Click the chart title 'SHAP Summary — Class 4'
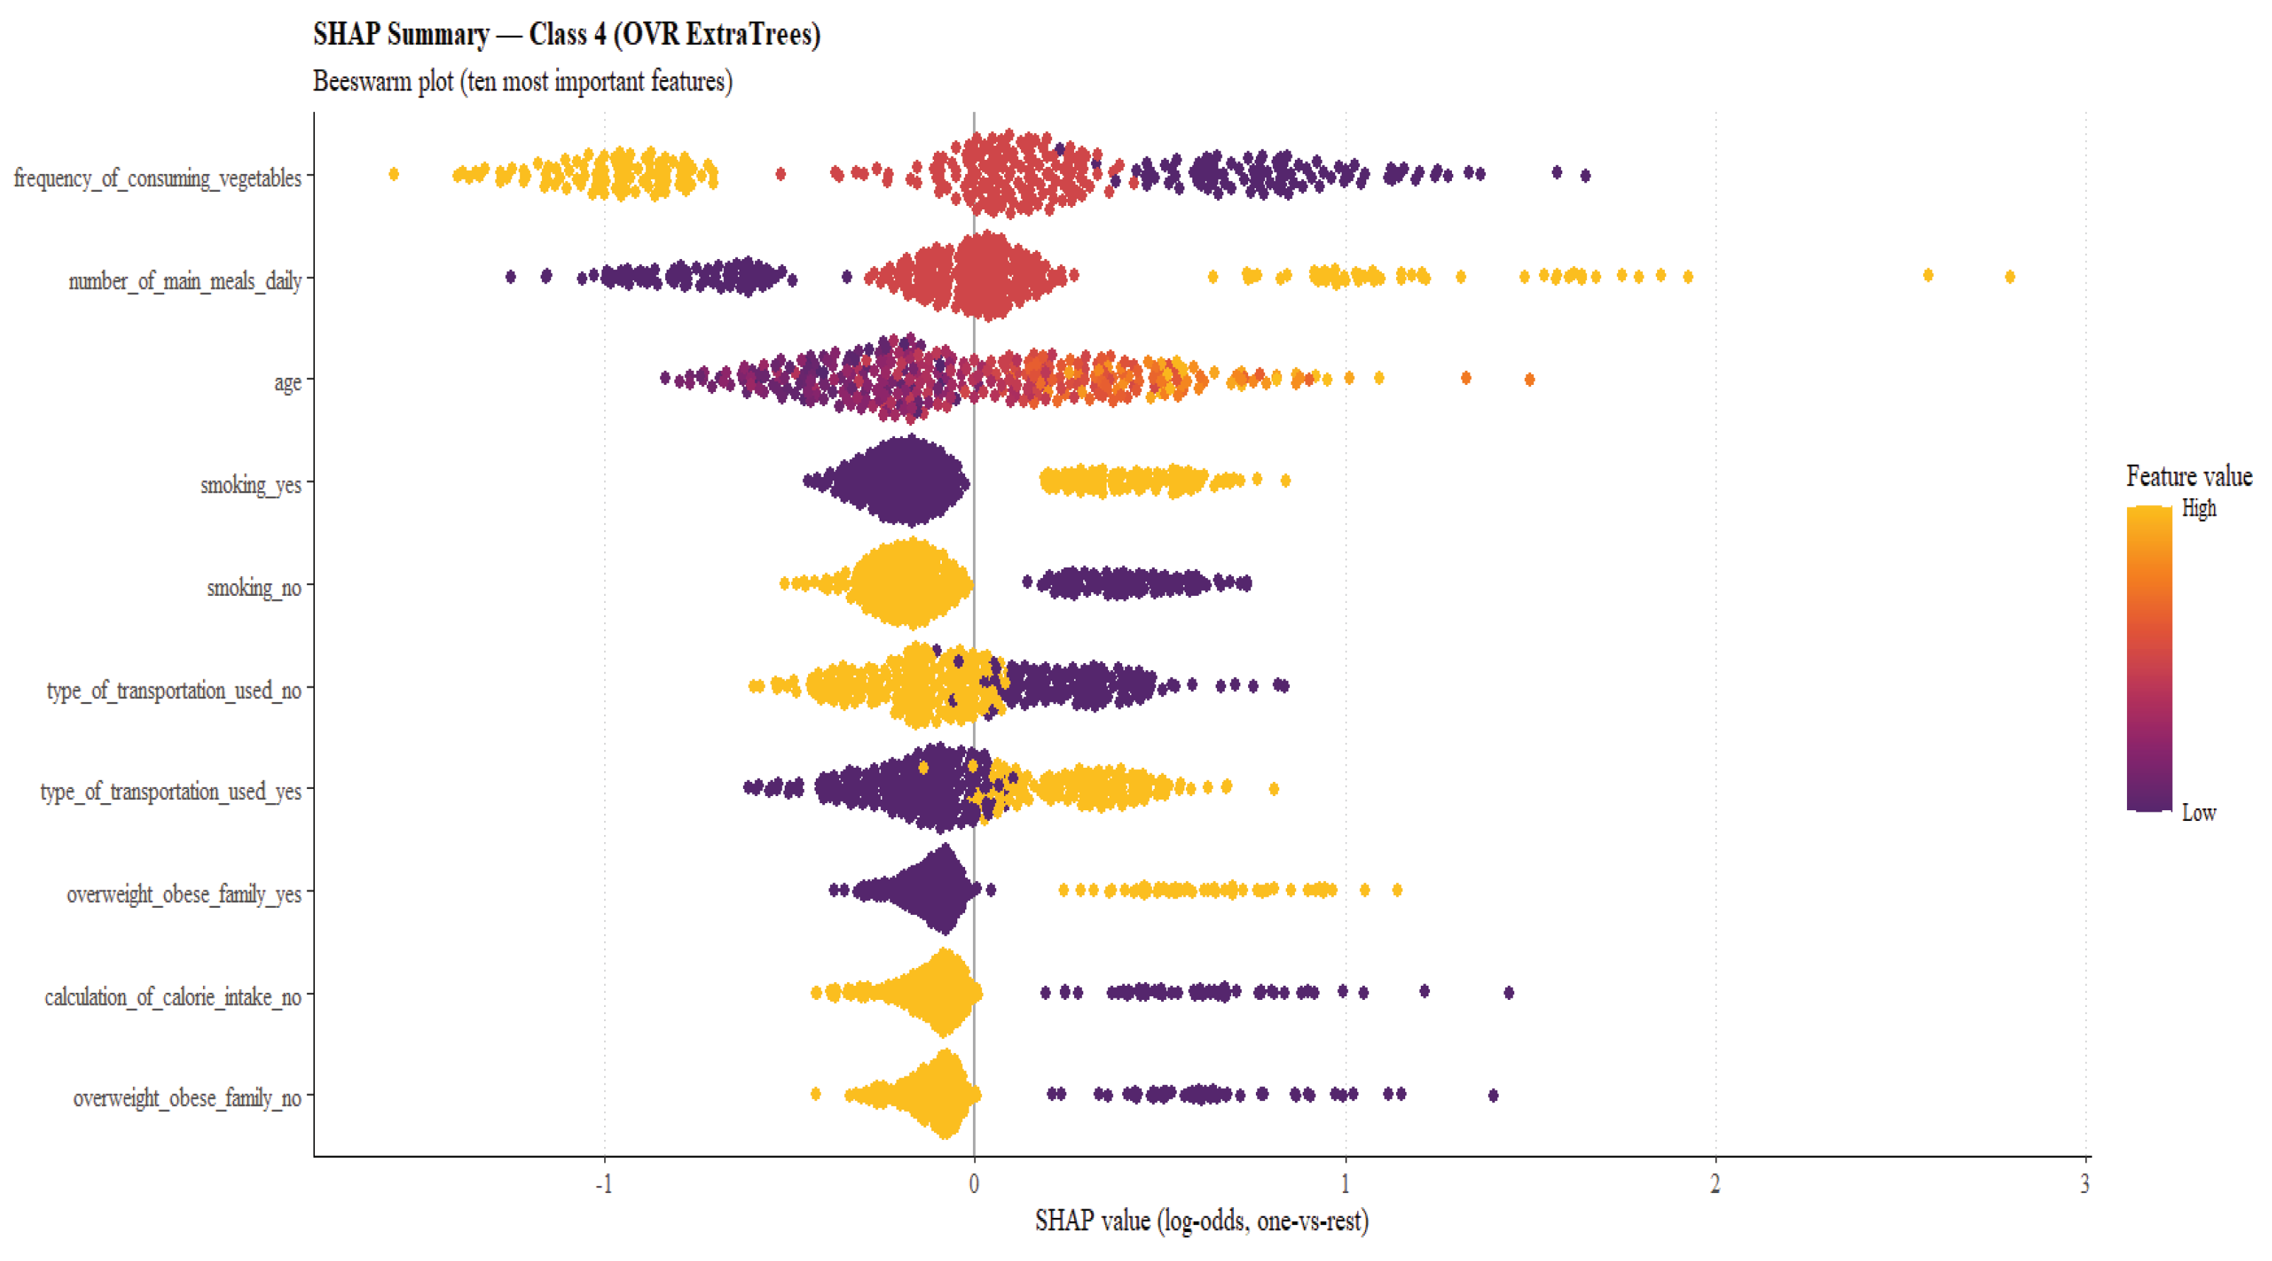click(x=459, y=35)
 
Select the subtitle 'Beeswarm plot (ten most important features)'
click(x=522, y=81)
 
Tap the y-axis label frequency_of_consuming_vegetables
click(x=157, y=178)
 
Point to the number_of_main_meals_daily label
click(x=185, y=280)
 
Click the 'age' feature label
click(x=287, y=383)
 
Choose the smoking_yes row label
click(x=250, y=485)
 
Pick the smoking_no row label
click(x=254, y=587)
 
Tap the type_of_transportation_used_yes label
click(x=171, y=792)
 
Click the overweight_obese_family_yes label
click(x=183, y=894)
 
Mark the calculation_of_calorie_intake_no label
click(x=173, y=996)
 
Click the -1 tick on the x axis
click(x=604, y=1183)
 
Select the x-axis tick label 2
click(x=1714, y=1183)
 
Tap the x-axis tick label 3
click(x=2085, y=1183)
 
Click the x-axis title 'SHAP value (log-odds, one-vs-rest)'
click(x=1201, y=1221)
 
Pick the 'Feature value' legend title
click(x=2189, y=476)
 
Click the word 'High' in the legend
click(x=2199, y=509)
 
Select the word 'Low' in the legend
click(x=2199, y=812)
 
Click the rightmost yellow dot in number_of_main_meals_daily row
click(x=2010, y=277)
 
